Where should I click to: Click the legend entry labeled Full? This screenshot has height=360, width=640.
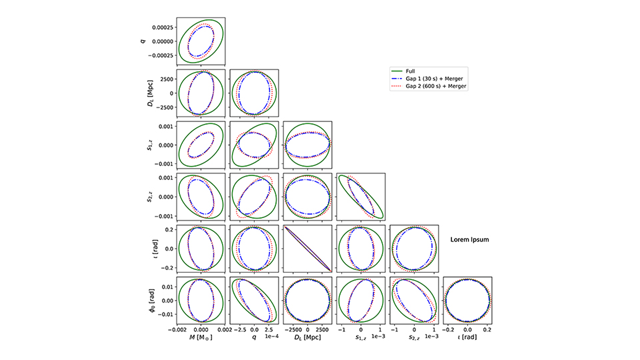[412, 71]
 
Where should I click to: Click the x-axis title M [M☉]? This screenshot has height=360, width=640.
[201, 337]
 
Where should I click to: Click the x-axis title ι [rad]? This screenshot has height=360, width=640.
[467, 337]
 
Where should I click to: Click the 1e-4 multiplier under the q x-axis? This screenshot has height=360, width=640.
[272, 338]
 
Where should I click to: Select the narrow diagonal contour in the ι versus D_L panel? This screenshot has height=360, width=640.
[307, 249]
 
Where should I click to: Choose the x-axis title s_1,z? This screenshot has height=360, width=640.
[361, 337]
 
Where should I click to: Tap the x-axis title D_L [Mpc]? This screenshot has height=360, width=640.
[307, 337]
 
